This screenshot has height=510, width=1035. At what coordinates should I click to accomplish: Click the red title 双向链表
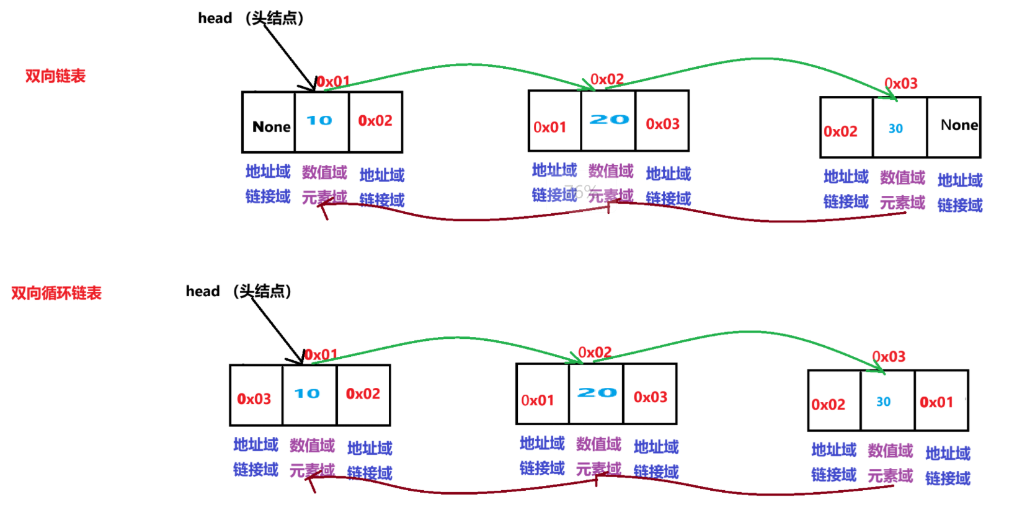[x=55, y=76]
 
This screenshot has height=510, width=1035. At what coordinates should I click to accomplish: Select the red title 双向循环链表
[x=56, y=293]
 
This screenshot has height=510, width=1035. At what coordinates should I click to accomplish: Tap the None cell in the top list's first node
[x=271, y=127]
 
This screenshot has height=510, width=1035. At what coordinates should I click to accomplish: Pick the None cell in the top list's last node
[x=959, y=125]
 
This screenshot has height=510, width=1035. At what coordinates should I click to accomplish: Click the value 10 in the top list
[x=319, y=121]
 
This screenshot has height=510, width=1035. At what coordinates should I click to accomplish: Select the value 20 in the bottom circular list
[x=597, y=393]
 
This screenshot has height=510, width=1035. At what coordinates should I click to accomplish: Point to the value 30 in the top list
[x=895, y=129]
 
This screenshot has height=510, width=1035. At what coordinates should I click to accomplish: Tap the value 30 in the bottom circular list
[x=883, y=402]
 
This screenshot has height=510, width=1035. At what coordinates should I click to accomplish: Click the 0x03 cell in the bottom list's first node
[x=254, y=399]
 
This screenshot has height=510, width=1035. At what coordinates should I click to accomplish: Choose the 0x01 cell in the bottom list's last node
[x=936, y=403]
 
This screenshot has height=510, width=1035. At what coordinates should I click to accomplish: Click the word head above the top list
[x=215, y=19]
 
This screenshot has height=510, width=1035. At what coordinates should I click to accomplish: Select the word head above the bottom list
[x=203, y=291]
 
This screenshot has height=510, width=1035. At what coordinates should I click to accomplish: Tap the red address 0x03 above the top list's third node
[x=901, y=84]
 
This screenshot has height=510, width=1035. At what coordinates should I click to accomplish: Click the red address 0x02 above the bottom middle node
[x=595, y=353]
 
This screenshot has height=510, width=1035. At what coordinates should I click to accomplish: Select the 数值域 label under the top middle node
[x=611, y=171]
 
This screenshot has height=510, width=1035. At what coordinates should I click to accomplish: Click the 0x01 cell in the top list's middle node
[x=550, y=128]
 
